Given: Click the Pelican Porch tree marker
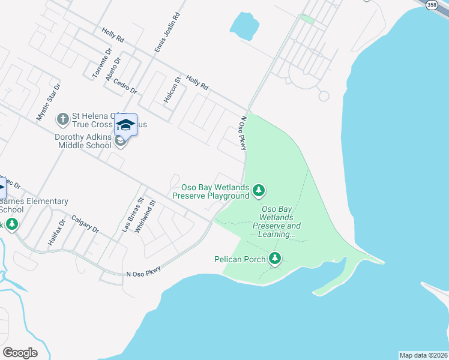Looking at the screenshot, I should pyautogui.click(x=275, y=259).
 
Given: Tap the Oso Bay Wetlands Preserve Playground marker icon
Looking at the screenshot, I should pyautogui.click(x=259, y=191).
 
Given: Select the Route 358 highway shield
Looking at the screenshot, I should pyautogui.click(x=432, y=4).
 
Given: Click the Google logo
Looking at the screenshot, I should pyautogui.click(x=20, y=353).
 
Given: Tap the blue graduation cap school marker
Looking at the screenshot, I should pyautogui.click(x=125, y=125).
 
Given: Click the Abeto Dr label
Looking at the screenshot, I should pyautogui.click(x=113, y=68).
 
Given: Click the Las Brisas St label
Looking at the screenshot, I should pyautogui.click(x=133, y=215).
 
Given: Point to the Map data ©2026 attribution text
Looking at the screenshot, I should pyautogui.click(x=423, y=355).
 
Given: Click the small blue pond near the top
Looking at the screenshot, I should pyautogui.click(x=244, y=25).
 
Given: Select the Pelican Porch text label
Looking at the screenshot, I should pyautogui.click(x=240, y=259).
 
